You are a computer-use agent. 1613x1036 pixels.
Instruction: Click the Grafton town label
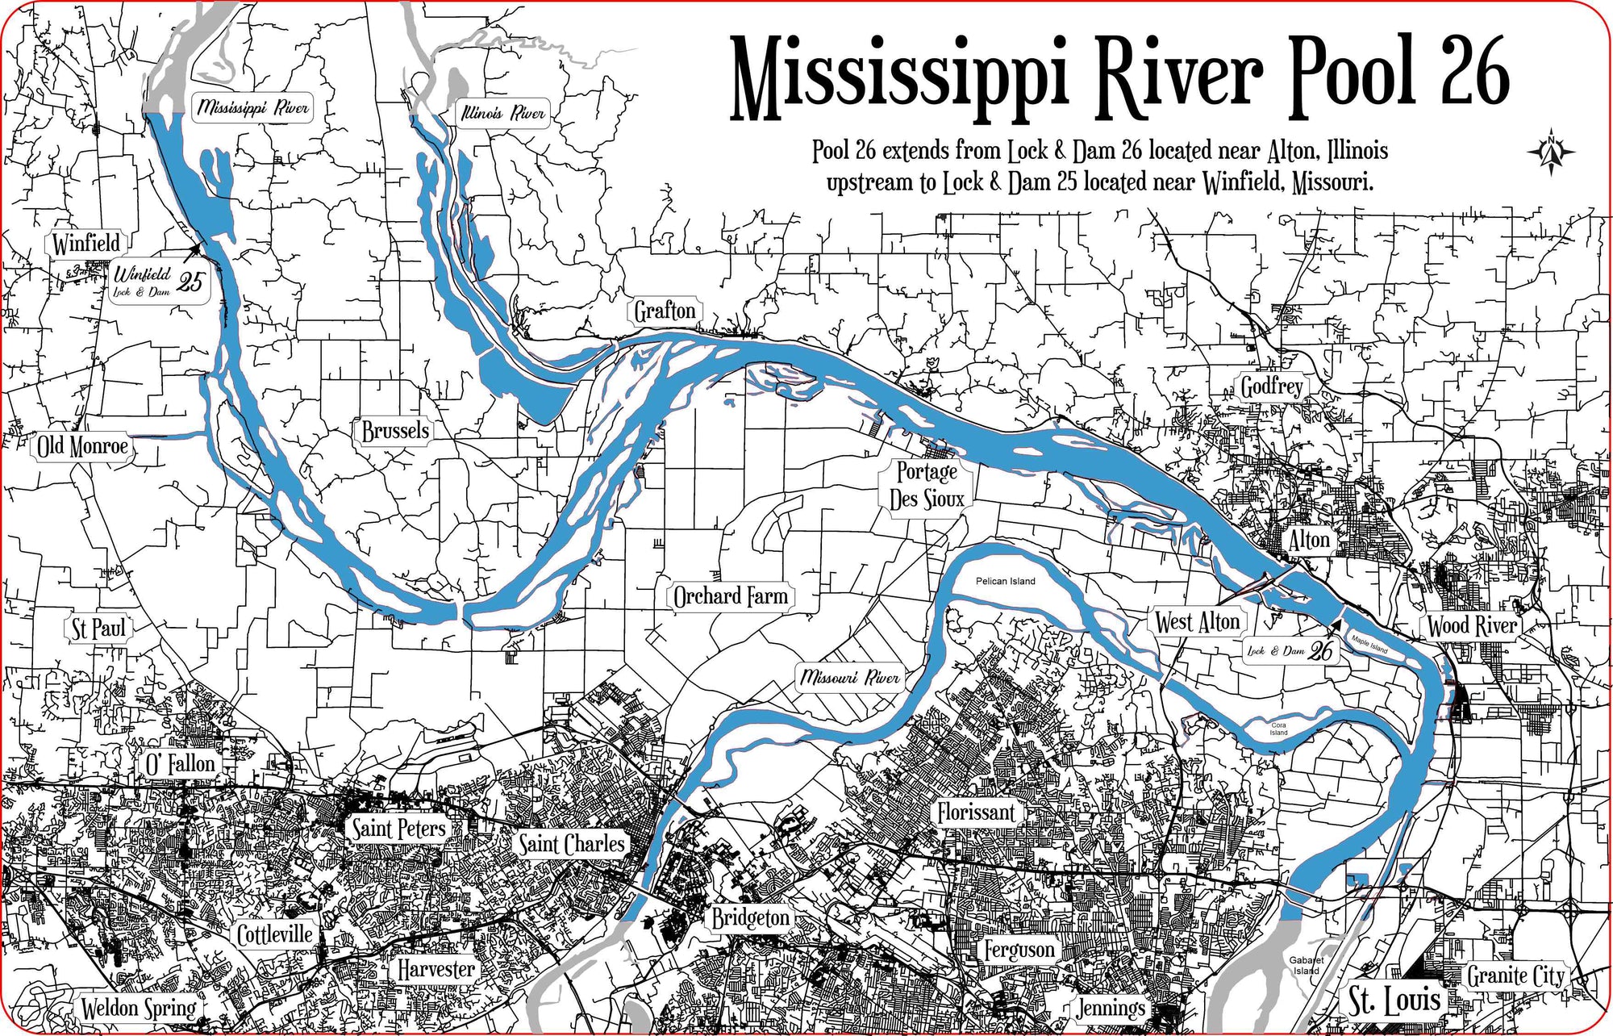(665, 311)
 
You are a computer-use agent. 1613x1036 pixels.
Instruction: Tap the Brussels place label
(395, 431)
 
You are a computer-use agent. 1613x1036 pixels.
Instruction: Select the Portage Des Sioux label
(927, 485)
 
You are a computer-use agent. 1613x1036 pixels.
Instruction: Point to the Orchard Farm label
(731, 597)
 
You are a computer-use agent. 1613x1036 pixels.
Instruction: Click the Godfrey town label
(1272, 387)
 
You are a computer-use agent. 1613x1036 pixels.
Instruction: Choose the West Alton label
(1197, 622)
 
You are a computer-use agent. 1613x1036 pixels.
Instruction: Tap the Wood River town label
(1472, 626)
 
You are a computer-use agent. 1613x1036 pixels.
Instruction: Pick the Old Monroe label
(82, 446)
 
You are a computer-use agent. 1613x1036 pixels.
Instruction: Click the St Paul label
(98, 629)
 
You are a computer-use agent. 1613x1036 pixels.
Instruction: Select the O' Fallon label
(180, 764)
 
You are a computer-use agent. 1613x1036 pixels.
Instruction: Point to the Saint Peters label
(398, 828)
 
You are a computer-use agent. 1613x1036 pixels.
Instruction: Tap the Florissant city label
(975, 812)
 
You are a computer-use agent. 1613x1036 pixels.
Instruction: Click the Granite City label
(1515, 976)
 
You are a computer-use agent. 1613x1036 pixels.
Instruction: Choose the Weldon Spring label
(139, 1008)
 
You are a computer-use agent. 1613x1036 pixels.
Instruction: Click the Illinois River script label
(503, 113)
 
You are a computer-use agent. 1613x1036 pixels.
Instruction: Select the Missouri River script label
(850, 677)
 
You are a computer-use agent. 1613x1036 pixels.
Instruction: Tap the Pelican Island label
(1005, 581)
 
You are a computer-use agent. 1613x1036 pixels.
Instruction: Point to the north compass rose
(1551, 152)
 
